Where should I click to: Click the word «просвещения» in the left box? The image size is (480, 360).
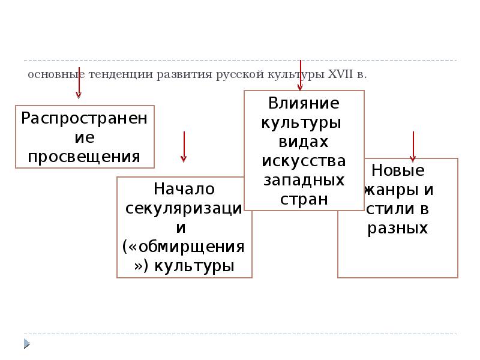[85, 157]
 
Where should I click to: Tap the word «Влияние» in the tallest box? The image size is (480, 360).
[304, 103]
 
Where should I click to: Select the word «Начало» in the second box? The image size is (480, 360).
[184, 189]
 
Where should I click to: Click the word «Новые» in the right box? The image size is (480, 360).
[398, 170]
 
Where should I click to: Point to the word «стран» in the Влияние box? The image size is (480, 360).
[304, 199]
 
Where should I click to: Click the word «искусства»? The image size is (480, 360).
[304, 161]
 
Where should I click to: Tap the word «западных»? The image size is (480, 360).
[304, 180]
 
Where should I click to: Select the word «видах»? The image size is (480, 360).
[304, 142]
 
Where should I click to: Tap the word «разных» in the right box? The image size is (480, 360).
[398, 228]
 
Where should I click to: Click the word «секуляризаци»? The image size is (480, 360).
[184, 208]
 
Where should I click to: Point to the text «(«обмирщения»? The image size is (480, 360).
[184, 247]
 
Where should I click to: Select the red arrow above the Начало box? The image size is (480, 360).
[184, 147]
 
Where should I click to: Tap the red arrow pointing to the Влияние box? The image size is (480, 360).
[300, 75]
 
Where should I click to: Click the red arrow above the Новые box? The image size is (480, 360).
[413, 146]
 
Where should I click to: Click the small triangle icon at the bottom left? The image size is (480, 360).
[27, 343]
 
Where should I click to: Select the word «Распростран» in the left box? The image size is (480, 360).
[85, 117]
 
